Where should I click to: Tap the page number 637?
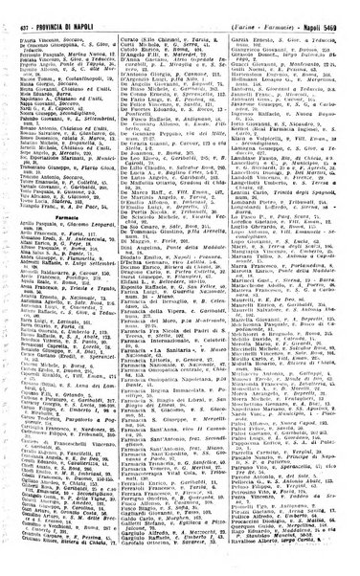[23, 9]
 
